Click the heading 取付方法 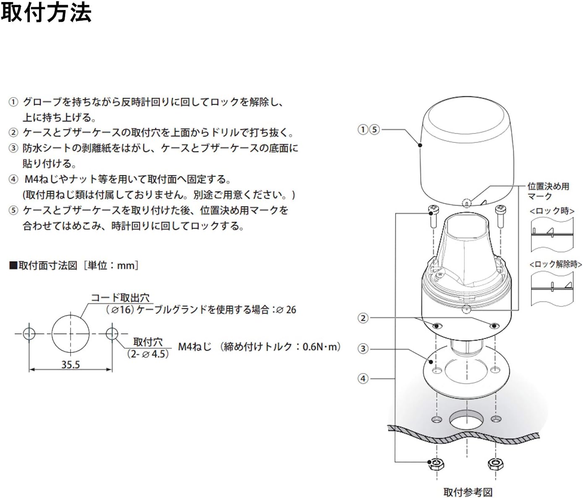click(46, 13)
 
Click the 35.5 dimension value click(71, 364)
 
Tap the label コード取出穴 click(120, 298)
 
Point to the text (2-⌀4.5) click(148, 354)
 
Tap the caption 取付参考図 click(468, 492)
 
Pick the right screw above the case click(500, 216)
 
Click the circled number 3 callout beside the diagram click(363, 348)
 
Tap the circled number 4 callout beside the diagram click(363, 379)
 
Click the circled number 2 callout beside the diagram click(363, 318)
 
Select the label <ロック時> click(552, 211)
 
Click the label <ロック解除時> click(556, 264)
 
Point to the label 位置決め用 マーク click(548, 191)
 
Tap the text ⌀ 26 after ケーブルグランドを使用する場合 click(287, 310)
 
